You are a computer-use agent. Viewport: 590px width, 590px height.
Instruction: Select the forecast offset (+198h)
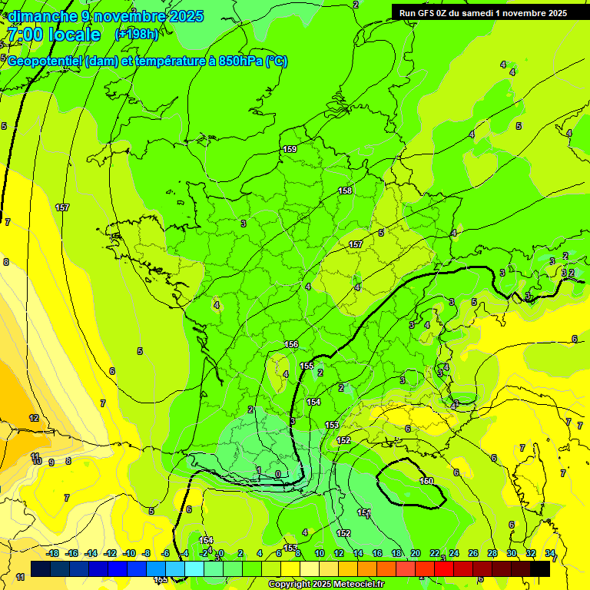pos(136,35)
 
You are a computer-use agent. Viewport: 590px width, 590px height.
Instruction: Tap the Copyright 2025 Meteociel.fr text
pos(326,585)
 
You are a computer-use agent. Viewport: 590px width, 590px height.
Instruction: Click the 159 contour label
pos(290,149)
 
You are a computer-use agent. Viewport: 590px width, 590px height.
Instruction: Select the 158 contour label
pos(345,191)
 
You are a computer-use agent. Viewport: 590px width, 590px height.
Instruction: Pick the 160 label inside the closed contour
pos(426,481)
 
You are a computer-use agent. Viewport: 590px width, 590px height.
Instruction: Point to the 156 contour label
pos(290,344)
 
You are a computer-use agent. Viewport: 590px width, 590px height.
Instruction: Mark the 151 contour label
pos(364,512)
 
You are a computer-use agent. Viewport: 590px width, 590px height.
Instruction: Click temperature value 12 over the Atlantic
pos(34,418)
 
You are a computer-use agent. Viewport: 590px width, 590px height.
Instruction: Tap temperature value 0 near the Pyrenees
pos(277,474)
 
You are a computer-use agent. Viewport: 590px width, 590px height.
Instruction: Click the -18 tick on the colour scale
pos(53,553)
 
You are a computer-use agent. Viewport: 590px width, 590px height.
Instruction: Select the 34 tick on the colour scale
pos(550,553)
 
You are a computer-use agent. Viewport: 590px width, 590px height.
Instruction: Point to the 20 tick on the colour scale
pos(416,553)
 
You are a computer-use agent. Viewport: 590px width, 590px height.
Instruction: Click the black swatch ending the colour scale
pos(540,568)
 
